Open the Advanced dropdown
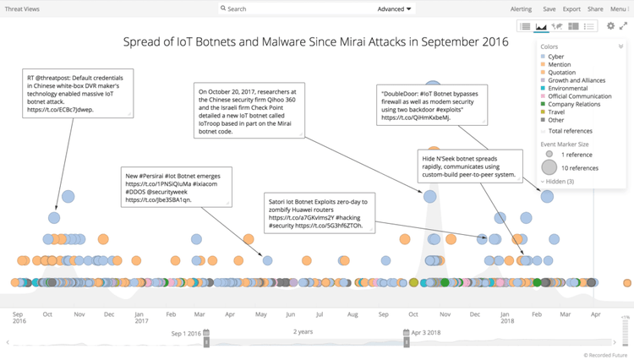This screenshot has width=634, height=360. (x=395, y=8)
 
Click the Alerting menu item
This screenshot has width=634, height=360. (x=521, y=8)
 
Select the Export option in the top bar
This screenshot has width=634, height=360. (x=571, y=8)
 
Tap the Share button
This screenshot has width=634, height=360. (x=595, y=8)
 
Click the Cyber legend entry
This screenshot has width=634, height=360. (x=555, y=57)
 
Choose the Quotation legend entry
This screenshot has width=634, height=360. (x=561, y=73)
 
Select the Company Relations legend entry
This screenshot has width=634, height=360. (x=575, y=104)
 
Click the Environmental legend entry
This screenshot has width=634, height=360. (x=567, y=88)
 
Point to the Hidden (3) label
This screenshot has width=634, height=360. (x=560, y=182)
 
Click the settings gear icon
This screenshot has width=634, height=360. (x=610, y=26)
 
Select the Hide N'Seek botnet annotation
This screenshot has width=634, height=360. (x=471, y=166)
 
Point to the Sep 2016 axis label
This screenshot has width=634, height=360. (x=19, y=317)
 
